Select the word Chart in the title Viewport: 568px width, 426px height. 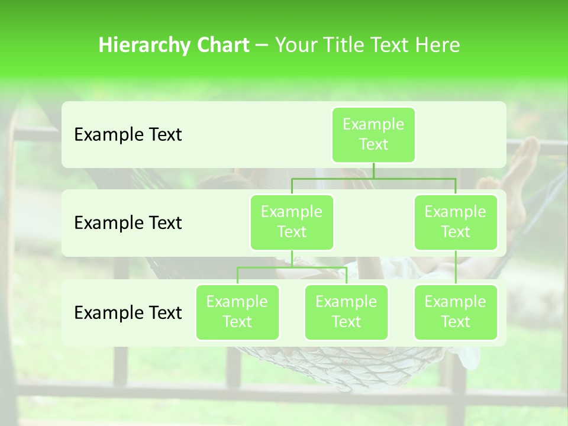pyautogui.click(x=222, y=46)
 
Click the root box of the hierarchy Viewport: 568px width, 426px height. pyautogui.click(x=373, y=135)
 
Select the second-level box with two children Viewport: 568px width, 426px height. pyautogui.click(x=292, y=222)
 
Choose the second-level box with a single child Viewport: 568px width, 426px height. pyautogui.click(x=456, y=222)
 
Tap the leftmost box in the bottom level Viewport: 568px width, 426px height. pyautogui.click(x=237, y=312)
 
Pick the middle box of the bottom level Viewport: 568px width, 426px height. pyautogui.click(x=346, y=312)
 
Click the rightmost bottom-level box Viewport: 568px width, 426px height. pyautogui.click(x=456, y=312)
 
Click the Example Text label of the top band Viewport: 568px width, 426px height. pyautogui.click(x=128, y=135)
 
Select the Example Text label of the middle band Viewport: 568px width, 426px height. pyautogui.click(x=128, y=223)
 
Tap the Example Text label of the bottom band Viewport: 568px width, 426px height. pyautogui.click(x=128, y=313)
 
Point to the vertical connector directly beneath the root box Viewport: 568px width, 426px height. pyautogui.click(x=373, y=170)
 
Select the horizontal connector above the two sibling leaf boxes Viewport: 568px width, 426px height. pyautogui.click(x=292, y=267)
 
